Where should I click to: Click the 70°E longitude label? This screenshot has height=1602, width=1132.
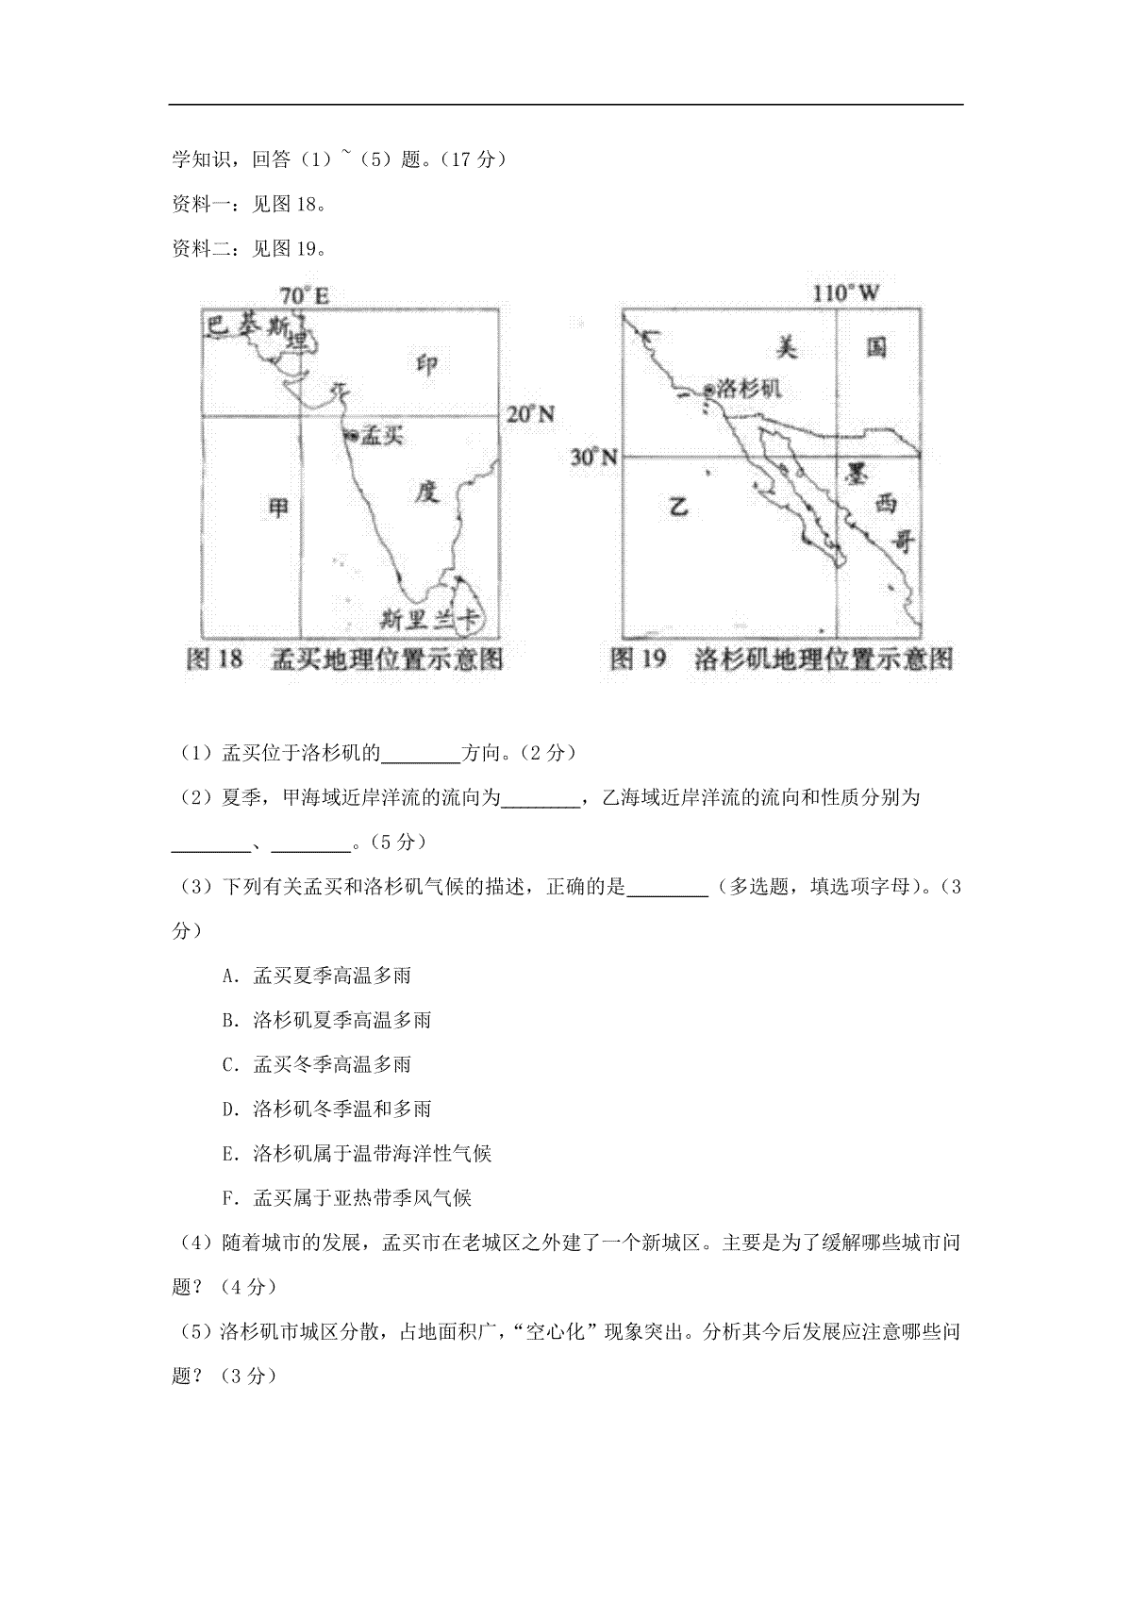[304, 296]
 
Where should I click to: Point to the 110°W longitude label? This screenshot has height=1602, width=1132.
[846, 293]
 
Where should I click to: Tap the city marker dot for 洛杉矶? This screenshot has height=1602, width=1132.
[708, 389]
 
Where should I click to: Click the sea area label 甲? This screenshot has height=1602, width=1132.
[278, 509]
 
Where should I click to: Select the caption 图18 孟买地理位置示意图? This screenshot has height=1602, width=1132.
[344, 659]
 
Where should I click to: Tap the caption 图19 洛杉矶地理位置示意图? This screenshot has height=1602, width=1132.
[781, 659]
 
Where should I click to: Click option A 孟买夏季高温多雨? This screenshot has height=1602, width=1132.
[317, 976]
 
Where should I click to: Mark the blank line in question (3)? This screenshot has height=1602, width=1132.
[667, 889]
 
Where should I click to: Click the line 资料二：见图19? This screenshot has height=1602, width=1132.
[250, 249]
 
